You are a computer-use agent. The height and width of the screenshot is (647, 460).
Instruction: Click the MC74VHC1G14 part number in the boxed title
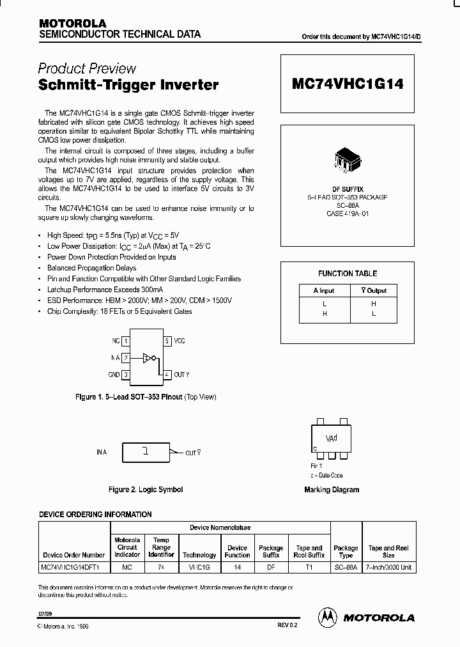[x=348, y=84]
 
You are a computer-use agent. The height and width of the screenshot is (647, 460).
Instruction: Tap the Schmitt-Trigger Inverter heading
[x=128, y=84]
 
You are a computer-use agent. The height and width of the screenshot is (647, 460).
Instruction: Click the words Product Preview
[x=87, y=68]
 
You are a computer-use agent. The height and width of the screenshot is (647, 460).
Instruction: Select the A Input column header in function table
[x=324, y=290]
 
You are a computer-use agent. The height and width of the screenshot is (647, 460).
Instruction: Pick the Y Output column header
[x=374, y=290]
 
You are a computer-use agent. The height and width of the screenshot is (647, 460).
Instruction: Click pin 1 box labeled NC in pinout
[x=126, y=341]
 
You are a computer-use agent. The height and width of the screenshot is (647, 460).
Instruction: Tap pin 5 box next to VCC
[x=167, y=341]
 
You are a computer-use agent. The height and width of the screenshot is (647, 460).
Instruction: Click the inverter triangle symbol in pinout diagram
[x=147, y=358]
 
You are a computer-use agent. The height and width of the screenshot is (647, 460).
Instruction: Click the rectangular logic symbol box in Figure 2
[x=146, y=451]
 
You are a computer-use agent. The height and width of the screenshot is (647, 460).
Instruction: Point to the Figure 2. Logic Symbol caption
[x=146, y=490]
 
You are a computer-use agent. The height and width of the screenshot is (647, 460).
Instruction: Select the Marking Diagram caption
[x=331, y=490]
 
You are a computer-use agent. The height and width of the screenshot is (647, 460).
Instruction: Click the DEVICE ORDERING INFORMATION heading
[x=95, y=514]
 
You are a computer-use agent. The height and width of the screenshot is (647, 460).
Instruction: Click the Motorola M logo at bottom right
[x=328, y=616]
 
